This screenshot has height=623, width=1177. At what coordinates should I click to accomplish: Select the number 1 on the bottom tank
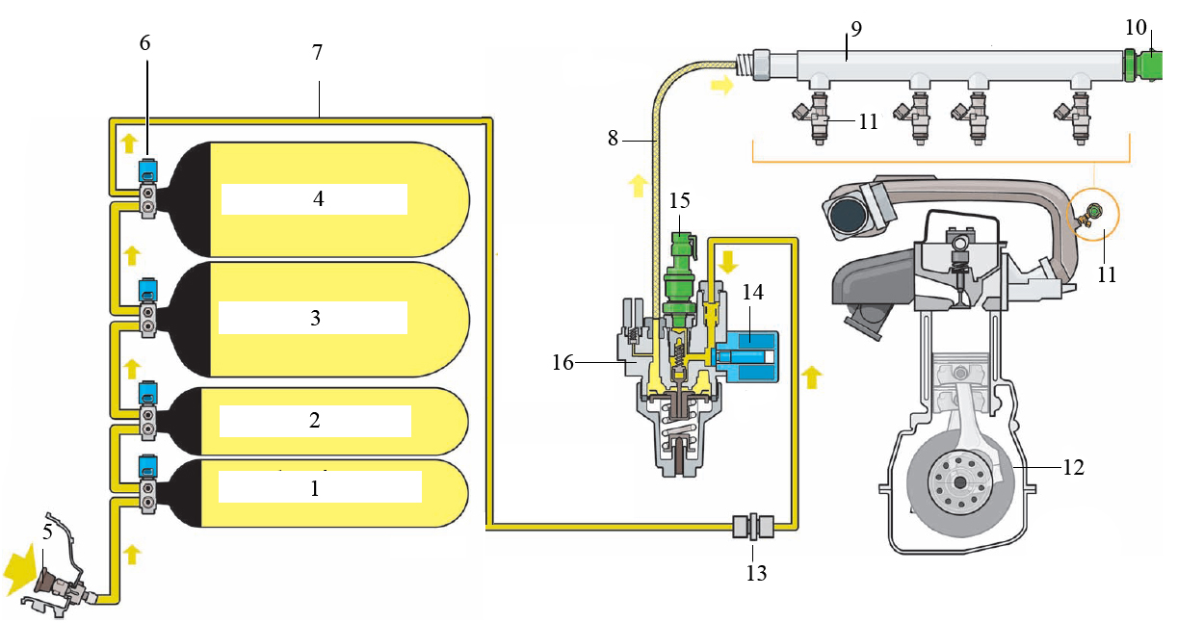[314, 488]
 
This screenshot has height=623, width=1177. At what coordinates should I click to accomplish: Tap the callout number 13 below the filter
[756, 574]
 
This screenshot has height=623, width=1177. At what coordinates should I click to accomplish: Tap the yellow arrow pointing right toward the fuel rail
[720, 87]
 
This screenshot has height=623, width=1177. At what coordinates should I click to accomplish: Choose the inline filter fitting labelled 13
[753, 527]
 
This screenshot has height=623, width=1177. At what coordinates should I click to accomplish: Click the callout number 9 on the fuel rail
[855, 28]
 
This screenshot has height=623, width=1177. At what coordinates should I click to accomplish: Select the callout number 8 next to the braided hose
[614, 138]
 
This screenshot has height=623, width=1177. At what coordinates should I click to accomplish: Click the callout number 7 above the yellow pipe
[317, 52]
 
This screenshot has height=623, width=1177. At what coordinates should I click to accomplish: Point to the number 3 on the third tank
[314, 318]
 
